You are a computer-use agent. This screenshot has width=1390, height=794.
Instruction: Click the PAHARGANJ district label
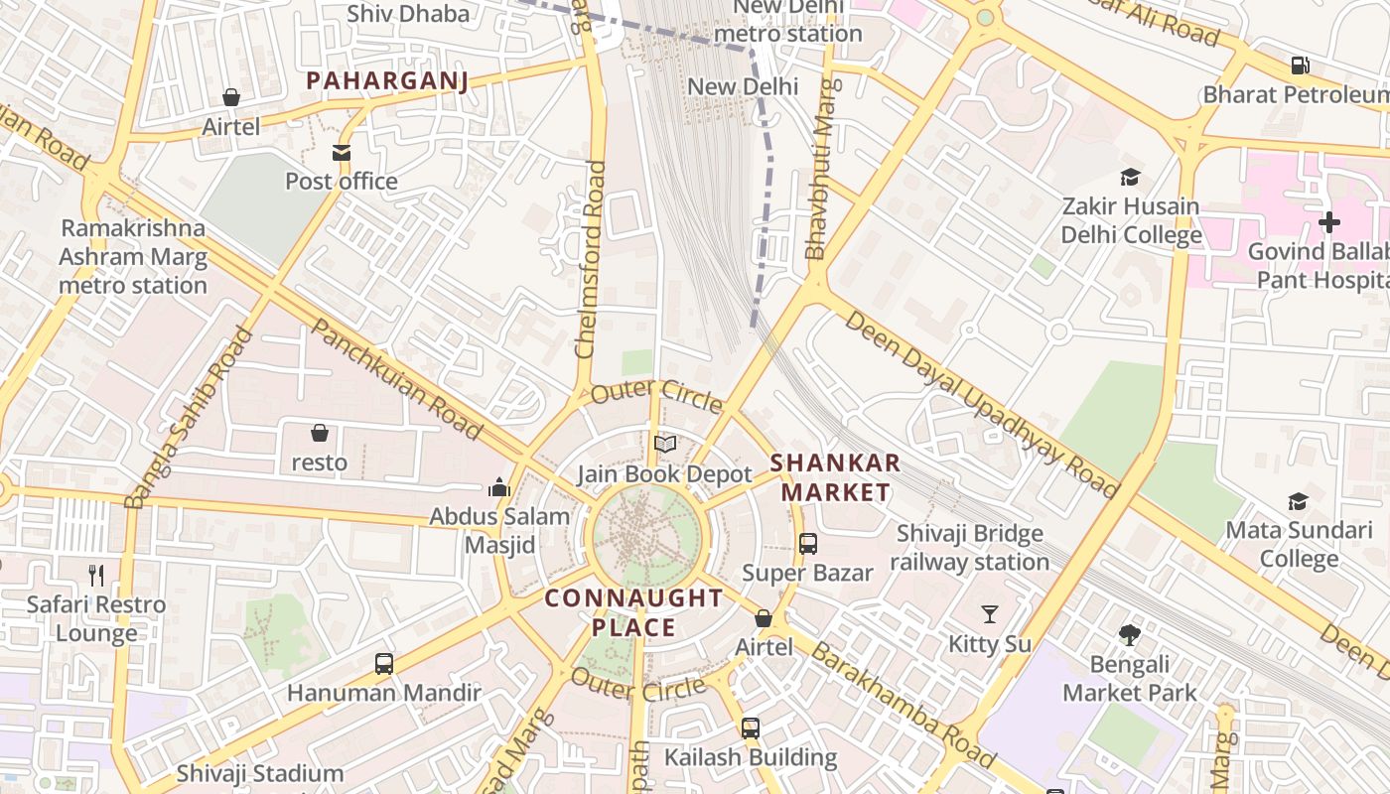[x=386, y=80]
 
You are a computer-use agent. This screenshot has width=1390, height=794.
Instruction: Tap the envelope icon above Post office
[x=342, y=153]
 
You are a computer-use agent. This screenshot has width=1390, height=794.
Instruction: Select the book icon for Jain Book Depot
[x=665, y=445]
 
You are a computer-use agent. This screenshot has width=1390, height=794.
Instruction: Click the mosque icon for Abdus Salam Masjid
[x=499, y=487]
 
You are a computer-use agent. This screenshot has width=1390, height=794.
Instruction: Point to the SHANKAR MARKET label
[x=835, y=477]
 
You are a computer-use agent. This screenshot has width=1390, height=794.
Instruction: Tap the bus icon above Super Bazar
[x=808, y=544]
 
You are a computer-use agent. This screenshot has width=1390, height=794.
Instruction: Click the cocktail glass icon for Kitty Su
[x=990, y=614]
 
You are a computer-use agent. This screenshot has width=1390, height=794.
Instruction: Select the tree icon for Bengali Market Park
[x=1129, y=635]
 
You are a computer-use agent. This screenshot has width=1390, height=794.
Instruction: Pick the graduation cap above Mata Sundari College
[x=1298, y=501]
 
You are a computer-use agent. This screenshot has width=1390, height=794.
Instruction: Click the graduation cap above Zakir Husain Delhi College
[x=1130, y=178]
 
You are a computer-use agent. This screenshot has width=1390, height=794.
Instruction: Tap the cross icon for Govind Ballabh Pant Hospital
[x=1328, y=221]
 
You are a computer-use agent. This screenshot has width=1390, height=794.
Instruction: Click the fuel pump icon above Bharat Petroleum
[x=1300, y=66]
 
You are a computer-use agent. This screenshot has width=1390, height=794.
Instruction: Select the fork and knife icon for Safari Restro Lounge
[x=96, y=576]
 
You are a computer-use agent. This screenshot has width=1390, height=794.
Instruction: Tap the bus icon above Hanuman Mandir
[x=384, y=664]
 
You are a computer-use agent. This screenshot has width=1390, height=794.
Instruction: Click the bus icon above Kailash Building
[x=751, y=728]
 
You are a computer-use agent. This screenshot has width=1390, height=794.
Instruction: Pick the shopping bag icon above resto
[x=320, y=434]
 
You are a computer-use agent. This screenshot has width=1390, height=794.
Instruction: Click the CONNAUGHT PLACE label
[x=634, y=612]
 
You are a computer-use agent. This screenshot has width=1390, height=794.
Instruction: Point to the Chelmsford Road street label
[x=590, y=260]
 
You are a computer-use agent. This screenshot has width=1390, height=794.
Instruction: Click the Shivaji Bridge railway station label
[x=969, y=548]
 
